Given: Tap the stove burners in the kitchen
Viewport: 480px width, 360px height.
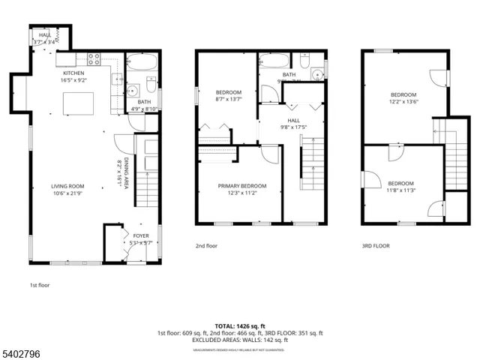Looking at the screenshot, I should [x=96, y=57].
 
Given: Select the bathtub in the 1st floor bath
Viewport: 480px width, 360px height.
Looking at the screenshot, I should [x=139, y=63].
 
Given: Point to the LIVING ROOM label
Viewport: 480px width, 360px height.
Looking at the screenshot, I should [x=67, y=187].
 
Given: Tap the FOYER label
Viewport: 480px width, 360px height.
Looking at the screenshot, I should [x=141, y=235].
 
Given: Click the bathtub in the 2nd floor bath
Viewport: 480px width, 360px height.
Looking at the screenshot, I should [x=275, y=61].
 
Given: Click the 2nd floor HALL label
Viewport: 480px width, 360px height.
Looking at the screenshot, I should [x=294, y=119].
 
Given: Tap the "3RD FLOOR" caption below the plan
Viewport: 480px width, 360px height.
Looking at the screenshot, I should [x=376, y=245].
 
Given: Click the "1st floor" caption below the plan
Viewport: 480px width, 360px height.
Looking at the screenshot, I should [x=40, y=286].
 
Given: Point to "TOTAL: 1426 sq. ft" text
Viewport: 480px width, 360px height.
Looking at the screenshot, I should [x=240, y=325].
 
